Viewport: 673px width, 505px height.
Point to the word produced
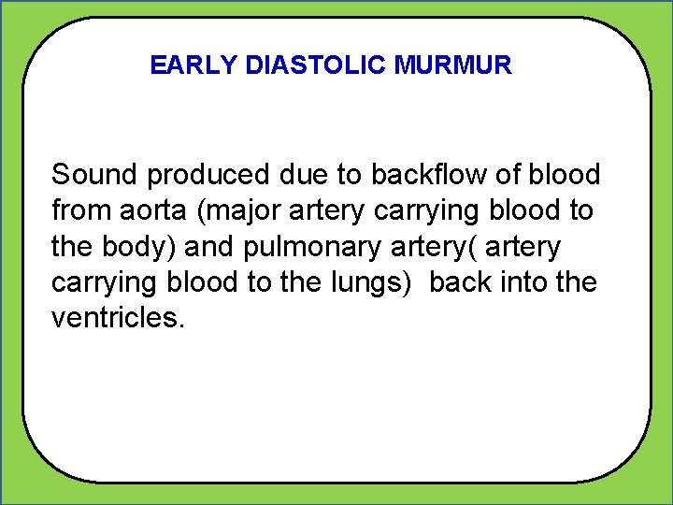pyautogui.click(x=197, y=176)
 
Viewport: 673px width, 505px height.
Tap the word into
pyautogui.click(x=523, y=282)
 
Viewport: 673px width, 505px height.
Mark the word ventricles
pyautogui.click(x=119, y=318)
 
